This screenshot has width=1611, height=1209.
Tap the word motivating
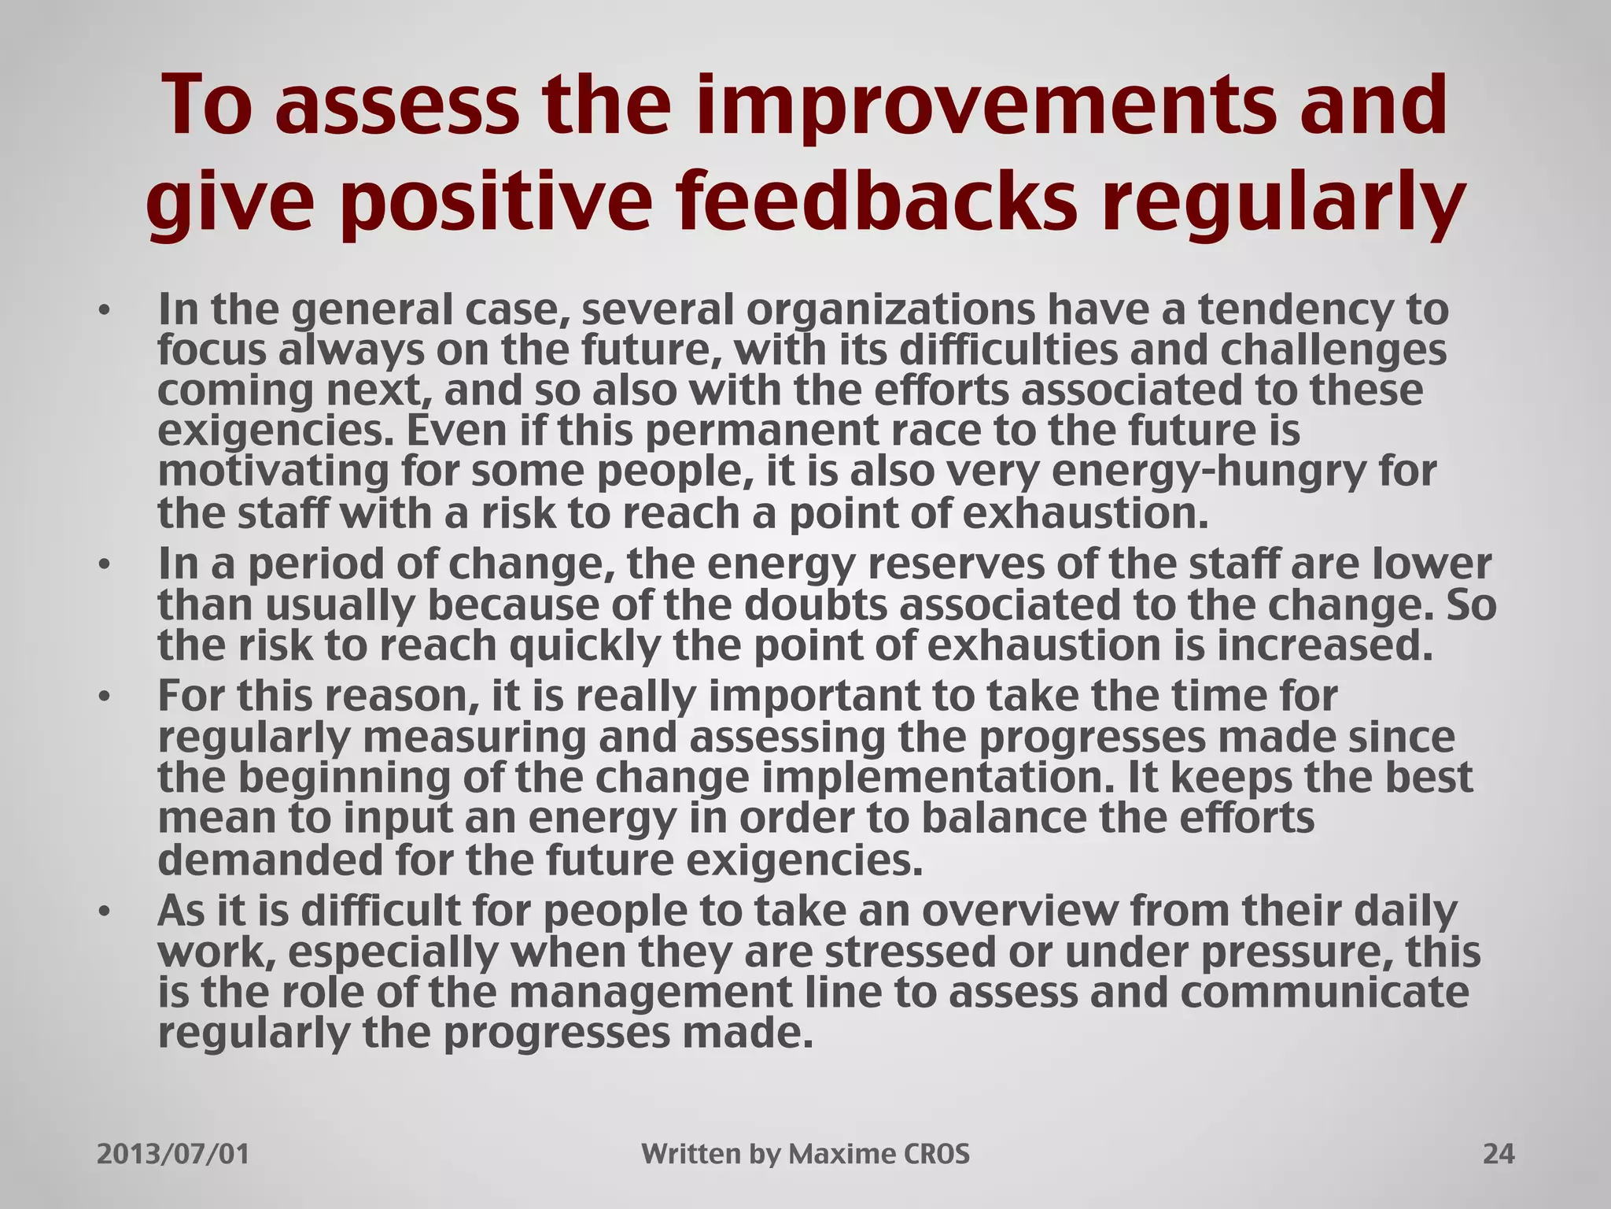point(273,471)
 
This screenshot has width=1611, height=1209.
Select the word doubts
point(815,604)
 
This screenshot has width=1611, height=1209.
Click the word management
point(652,993)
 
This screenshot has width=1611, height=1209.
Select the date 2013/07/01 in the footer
point(173,1155)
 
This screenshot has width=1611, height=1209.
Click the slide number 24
point(1498,1155)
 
